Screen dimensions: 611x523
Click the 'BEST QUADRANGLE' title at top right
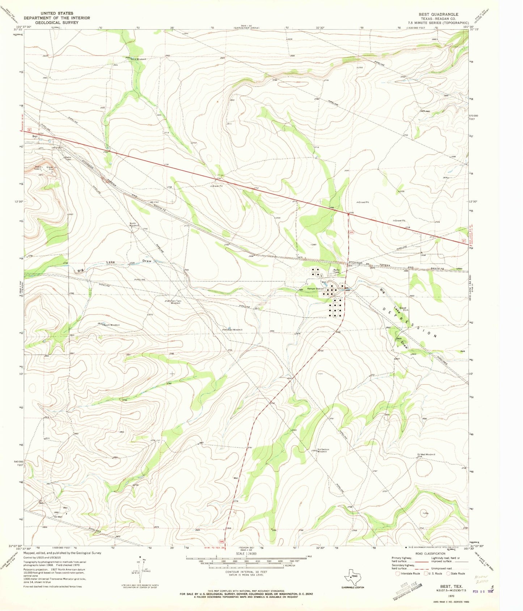[x=438, y=14]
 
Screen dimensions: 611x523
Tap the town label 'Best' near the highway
[x=35, y=136]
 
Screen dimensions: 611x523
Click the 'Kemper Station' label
[x=315, y=289]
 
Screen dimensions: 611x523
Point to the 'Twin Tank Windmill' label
[x=175, y=302]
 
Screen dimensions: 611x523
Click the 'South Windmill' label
[x=111, y=325]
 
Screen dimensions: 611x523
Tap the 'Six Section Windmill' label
[x=323, y=450]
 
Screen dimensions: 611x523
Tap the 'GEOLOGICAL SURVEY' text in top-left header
[x=57, y=22]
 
